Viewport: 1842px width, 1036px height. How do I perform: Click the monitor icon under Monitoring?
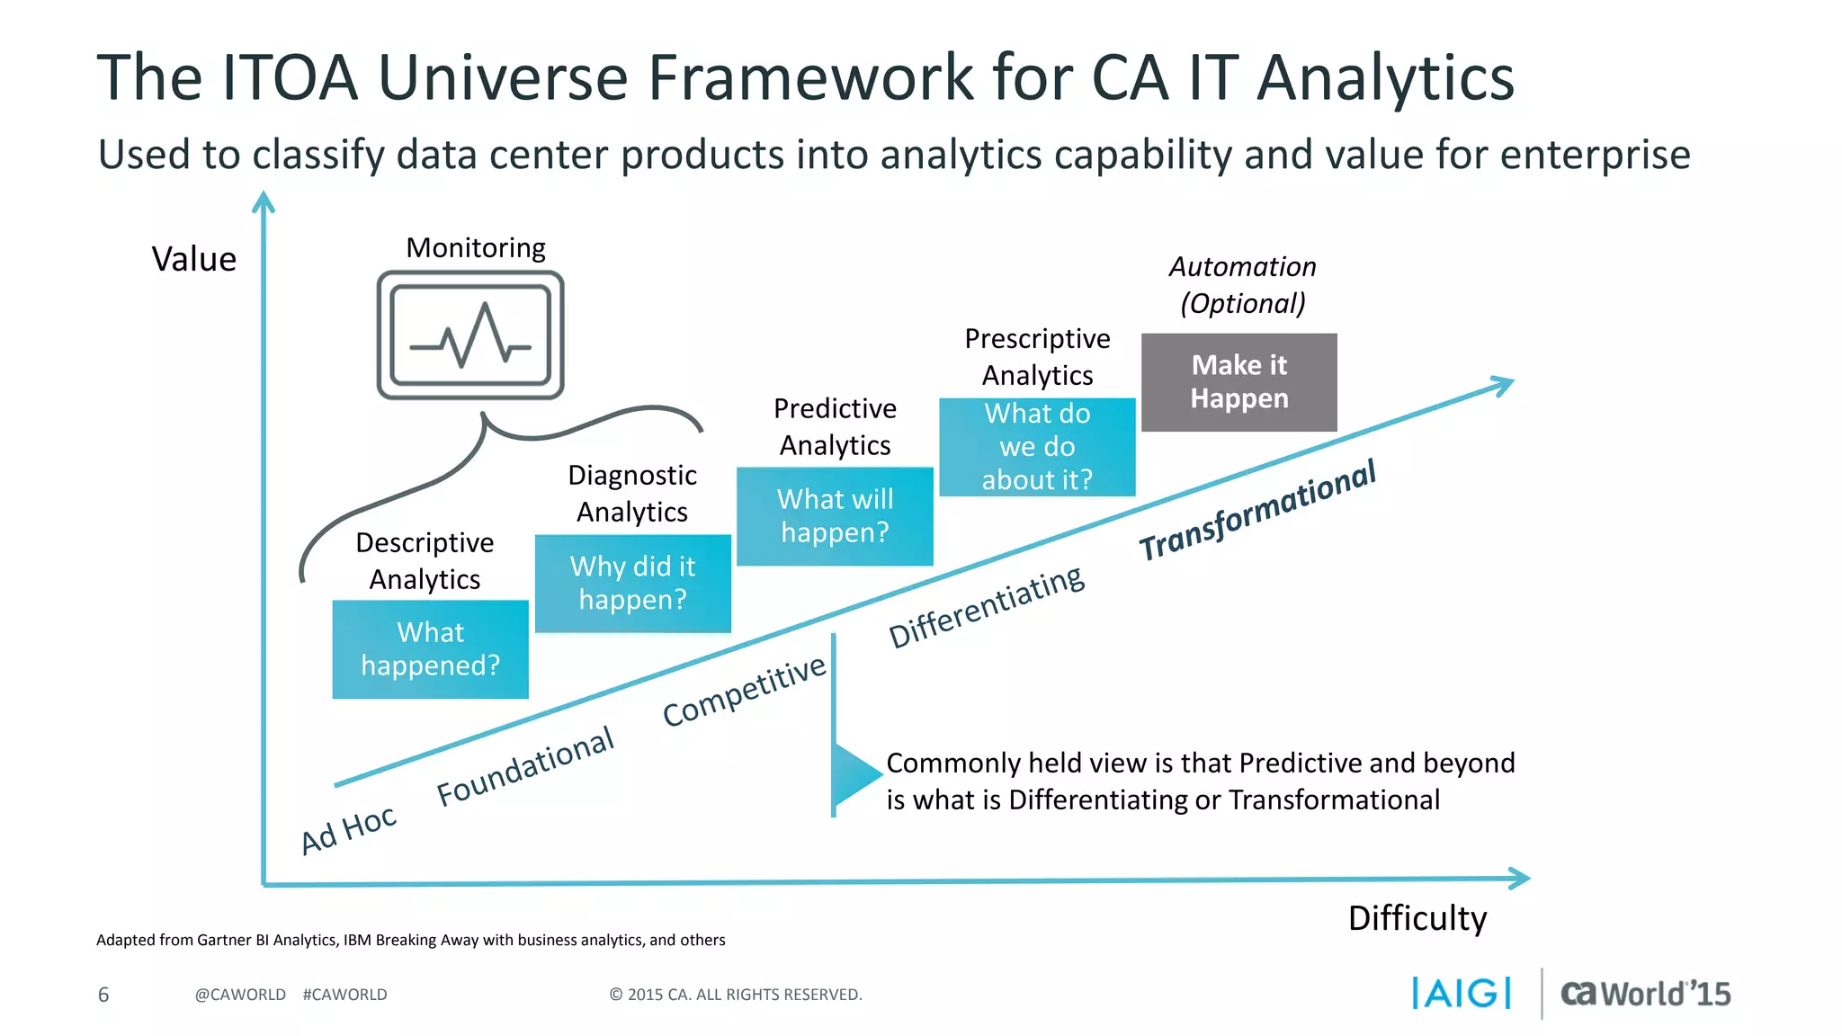[470, 335]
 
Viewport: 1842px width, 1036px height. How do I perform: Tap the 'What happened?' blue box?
[430, 648]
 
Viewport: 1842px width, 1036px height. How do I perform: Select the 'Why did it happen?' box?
[632, 583]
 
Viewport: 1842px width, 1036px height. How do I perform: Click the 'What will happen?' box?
[835, 515]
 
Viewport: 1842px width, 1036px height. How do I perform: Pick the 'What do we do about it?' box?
[1037, 447]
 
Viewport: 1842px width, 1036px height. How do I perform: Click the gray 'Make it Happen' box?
[1238, 382]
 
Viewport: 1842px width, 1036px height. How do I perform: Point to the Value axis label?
[193, 259]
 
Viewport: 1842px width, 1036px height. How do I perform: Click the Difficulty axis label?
[1417, 918]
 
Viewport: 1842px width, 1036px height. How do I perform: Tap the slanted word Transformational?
[1257, 510]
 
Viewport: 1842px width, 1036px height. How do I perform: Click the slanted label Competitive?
[744, 690]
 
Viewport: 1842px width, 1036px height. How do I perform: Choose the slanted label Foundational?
[525, 766]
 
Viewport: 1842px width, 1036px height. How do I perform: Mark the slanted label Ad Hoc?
[348, 829]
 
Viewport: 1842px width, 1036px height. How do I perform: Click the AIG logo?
[1461, 993]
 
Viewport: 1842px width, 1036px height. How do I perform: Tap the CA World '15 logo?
[1645, 993]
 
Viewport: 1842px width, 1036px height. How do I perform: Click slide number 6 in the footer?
[103, 995]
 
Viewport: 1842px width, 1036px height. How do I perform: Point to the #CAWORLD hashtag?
[344, 995]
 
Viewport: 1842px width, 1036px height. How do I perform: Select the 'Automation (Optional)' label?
[1242, 285]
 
